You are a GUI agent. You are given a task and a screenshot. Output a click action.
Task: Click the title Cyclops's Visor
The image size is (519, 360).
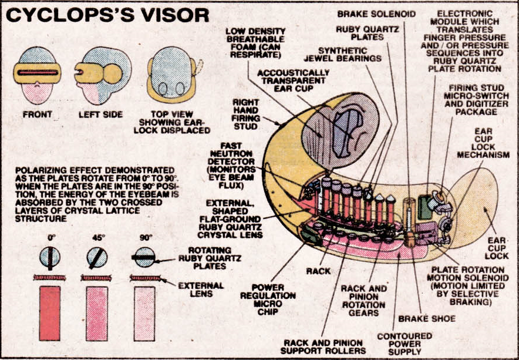click(x=107, y=15)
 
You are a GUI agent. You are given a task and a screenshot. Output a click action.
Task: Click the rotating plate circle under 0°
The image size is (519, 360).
click(x=50, y=257)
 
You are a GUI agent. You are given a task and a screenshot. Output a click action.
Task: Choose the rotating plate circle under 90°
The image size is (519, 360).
click(x=144, y=257)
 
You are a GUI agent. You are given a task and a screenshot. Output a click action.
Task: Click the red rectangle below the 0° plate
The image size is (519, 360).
click(x=50, y=313)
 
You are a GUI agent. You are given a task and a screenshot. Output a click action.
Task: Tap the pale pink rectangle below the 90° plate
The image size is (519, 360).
click(x=144, y=313)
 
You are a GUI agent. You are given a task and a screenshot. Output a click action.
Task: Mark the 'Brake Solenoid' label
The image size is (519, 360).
click(x=385, y=14)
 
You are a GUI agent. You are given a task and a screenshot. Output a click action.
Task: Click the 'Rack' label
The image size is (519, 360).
click(x=318, y=271)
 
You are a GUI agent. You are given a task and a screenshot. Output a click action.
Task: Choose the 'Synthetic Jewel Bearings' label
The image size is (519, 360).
click(x=342, y=55)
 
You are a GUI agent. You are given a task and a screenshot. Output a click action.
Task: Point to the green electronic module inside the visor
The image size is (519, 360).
click(x=424, y=209)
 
